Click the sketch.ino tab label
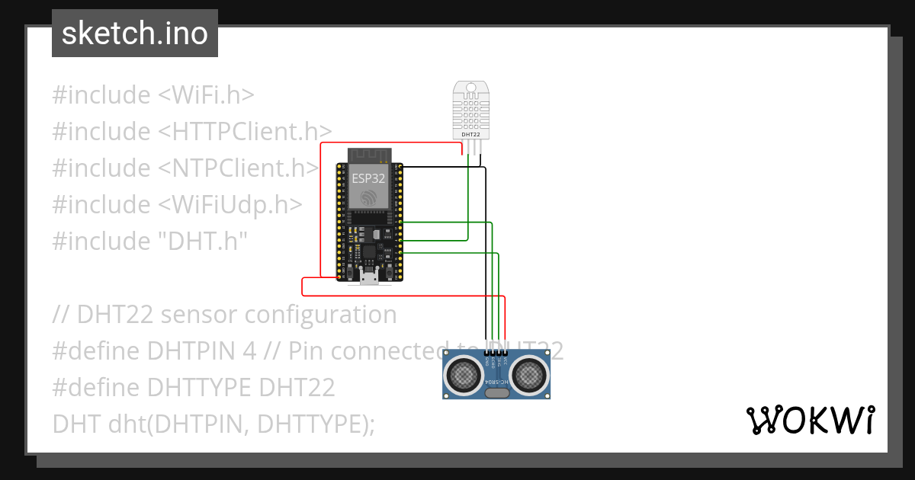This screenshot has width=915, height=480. click(134, 34)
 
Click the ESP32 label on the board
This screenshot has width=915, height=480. click(369, 179)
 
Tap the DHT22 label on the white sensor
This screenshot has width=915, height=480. click(471, 134)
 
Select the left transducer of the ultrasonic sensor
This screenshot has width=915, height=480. click(464, 374)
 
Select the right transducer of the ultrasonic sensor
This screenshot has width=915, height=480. click(529, 374)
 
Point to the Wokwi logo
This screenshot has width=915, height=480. click(811, 420)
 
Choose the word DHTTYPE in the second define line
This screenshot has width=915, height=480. click(201, 387)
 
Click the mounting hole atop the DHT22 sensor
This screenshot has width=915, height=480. click(471, 86)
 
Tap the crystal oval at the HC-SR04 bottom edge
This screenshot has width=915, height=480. click(497, 393)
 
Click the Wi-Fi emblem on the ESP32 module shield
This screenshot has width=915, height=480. click(369, 197)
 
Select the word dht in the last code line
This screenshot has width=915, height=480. click(125, 424)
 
